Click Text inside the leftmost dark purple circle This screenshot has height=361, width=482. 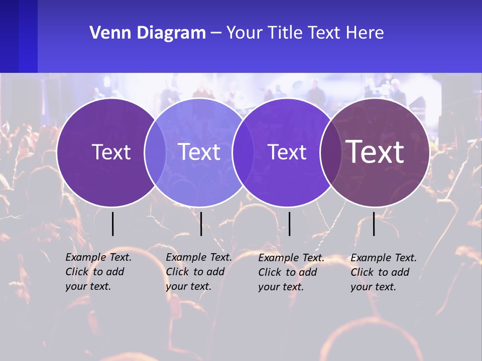111,152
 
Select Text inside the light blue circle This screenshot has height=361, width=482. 199,152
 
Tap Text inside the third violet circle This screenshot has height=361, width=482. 287,152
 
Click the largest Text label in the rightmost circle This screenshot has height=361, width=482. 375,152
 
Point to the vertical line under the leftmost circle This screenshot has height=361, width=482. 113,224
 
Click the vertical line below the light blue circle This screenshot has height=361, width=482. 201,224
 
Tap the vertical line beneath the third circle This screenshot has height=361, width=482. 289,224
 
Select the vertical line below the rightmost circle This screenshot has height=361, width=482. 374,224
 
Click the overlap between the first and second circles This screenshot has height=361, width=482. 156,152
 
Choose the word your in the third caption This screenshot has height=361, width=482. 270,287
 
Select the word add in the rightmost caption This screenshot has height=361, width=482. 401,272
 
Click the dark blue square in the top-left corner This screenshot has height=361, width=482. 19,36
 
